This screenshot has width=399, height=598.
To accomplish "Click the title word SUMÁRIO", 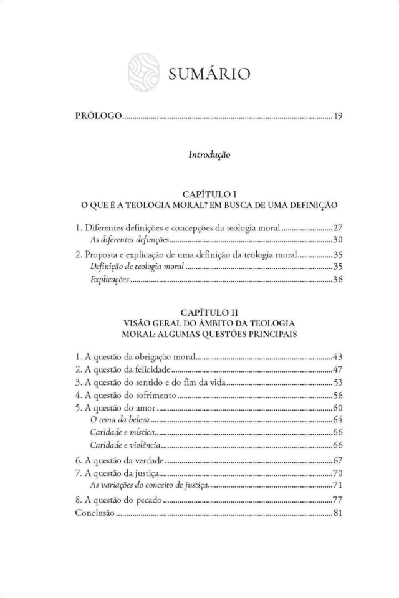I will [x=208, y=75].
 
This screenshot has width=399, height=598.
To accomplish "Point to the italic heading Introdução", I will [x=209, y=155].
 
